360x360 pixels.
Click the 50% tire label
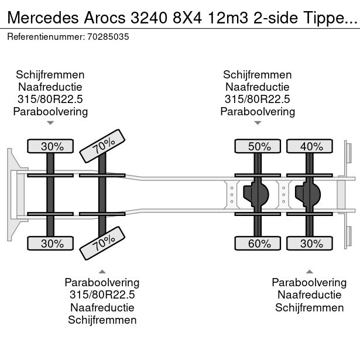[259, 147]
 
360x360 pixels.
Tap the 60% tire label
[259, 243]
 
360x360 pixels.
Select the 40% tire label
[311, 147]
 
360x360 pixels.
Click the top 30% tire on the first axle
[52, 147]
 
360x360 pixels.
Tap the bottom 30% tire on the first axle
[52, 243]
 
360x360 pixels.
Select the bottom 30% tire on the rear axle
[311, 243]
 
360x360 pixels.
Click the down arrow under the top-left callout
[50, 123]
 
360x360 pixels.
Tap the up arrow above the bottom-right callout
[309, 271]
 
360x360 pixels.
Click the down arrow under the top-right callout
[258, 123]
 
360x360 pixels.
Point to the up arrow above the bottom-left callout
[102, 271]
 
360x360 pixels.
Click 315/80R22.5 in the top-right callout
[258, 99]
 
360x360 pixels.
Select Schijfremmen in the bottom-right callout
[309, 308]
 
